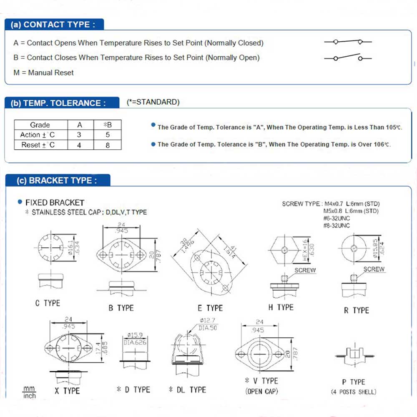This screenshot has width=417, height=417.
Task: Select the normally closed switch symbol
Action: point(348,42)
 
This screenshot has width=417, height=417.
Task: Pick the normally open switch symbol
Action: point(348,57)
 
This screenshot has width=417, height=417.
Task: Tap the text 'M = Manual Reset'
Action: point(43,73)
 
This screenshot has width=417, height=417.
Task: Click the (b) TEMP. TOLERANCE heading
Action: point(58,103)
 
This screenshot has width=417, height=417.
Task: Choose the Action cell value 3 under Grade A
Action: point(80,135)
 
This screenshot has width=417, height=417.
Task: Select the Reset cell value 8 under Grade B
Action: point(108,145)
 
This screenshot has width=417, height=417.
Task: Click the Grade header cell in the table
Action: point(40,125)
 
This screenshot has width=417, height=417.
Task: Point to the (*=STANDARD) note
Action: point(153,102)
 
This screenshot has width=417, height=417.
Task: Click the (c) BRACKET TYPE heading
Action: point(57,181)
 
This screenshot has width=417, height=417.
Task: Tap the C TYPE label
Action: point(48,303)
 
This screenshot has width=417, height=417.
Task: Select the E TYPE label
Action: point(210,308)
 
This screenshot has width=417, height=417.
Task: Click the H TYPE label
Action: point(281,307)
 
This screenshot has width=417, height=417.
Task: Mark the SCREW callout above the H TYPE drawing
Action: point(305,270)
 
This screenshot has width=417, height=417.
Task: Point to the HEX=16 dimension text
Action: point(304,250)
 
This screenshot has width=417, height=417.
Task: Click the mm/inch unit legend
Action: point(29,392)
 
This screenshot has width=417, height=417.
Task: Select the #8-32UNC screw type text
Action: point(337,226)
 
